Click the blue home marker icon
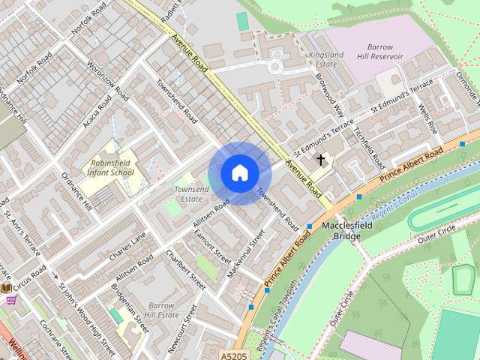pyautogui.click(x=240, y=173)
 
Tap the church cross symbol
pyautogui.click(x=321, y=160)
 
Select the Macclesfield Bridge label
pyautogui.click(x=342, y=230)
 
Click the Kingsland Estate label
pyautogui.click(x=325, y=59)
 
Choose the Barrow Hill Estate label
pyautogui.click(x=160, y=310)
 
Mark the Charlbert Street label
pyautogui.click(x=186, y=270)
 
